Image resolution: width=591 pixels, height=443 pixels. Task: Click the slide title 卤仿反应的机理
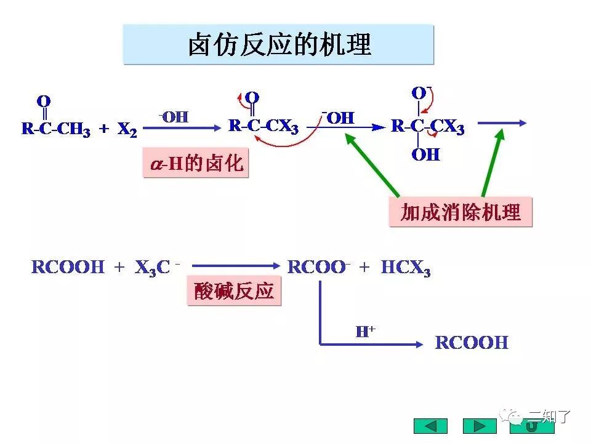[279, 45]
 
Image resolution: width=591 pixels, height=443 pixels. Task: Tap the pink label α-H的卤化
[196, 163]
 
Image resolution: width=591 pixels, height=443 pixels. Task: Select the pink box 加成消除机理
[460, 212]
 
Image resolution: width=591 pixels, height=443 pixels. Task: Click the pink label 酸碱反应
[234, 291]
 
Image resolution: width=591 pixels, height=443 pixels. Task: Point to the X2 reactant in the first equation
[127, 129]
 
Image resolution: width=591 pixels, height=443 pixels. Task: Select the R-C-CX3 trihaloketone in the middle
[263, 127]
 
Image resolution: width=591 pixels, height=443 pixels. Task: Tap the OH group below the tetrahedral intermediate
[426, 154]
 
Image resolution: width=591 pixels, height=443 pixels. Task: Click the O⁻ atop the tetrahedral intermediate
[420, 94]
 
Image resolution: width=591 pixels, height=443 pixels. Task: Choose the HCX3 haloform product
[406, 268]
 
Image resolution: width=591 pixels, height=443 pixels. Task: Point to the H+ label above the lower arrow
[366, 332]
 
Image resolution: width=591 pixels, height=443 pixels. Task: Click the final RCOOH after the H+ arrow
[472, 343]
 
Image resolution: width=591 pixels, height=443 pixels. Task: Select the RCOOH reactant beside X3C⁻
[68, 268]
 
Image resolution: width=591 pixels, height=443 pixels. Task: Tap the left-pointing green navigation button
[430, 426]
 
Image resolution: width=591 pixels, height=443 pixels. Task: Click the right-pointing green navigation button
[480, 426]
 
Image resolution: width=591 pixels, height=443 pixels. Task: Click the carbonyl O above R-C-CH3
[44, 100]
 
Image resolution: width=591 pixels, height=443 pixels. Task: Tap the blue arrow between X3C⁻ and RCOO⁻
[236, 266]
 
